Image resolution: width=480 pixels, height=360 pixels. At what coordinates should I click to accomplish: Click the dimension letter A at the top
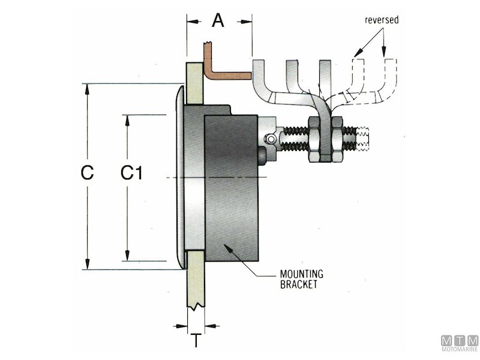coord(218,21)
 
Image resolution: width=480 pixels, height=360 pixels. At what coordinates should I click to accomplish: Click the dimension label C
coord(88,173)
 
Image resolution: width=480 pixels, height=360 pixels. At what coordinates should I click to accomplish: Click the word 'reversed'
coord(382,20)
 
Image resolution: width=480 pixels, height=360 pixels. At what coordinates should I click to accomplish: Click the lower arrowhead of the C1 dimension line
coord(127,256)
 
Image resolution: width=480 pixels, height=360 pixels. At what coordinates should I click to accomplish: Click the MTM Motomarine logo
coord(459,343)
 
